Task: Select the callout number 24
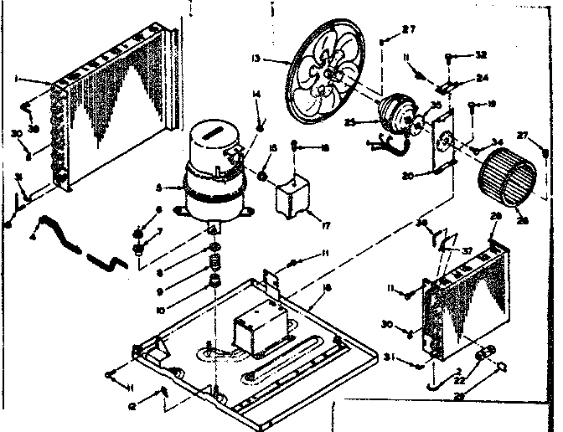[x=483, y=80]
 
